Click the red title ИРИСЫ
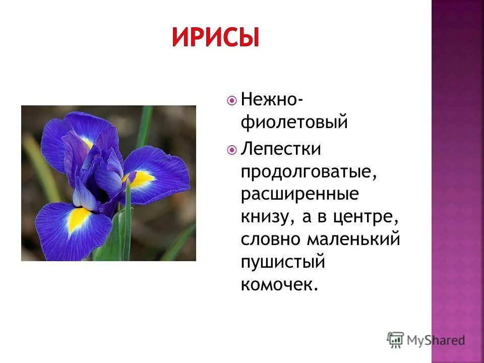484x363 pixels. click(215, 37)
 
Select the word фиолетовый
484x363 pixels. click(294, 122)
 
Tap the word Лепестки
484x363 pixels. click(281, 149)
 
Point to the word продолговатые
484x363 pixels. click(309, 172)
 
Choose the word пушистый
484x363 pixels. click(282, 261)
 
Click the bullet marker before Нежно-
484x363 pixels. click(232, 100)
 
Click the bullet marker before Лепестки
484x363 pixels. click(232, 150)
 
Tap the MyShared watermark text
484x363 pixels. click(437, 340)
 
